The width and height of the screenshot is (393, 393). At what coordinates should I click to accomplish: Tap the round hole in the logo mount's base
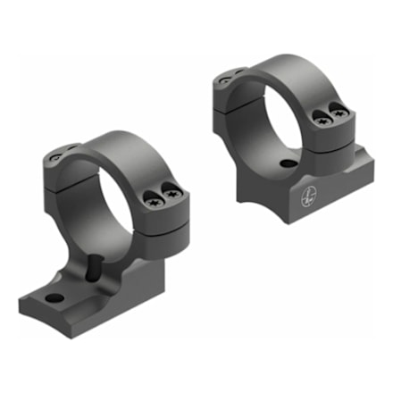[x=285, y=164]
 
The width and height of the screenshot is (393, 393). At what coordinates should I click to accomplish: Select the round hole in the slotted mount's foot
[x=56, y=297]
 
